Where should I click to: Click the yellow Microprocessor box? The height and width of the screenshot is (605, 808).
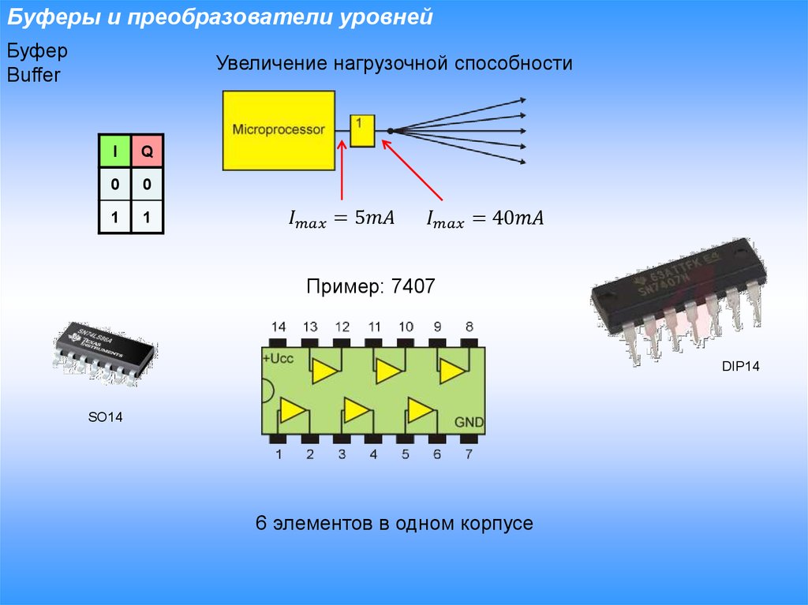279,129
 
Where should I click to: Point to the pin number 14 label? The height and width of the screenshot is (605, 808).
278,327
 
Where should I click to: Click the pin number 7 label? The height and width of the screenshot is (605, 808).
469,454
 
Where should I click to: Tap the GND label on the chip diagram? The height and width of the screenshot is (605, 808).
469,422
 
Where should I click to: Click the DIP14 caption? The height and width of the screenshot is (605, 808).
740,367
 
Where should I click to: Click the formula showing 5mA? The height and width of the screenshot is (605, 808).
339,218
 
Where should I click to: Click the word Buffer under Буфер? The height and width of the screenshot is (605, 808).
34,76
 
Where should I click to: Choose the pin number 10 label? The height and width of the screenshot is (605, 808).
405,327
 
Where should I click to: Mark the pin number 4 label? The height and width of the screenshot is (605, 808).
373,454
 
